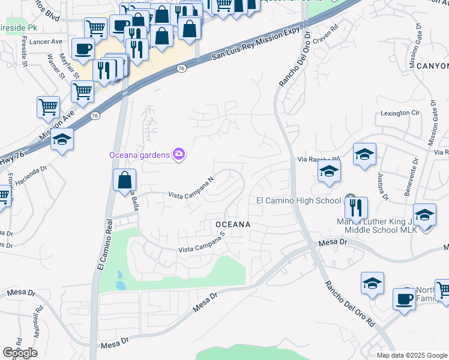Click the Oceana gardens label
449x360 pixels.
point(139,155)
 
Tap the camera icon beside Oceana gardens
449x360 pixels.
point(179,155)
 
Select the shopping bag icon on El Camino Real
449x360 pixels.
point(124,179)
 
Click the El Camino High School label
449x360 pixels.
point(299,200)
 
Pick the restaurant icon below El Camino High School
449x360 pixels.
point(356,208)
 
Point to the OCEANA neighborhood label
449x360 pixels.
point(232,224)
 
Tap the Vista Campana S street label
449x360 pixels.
point(201,245)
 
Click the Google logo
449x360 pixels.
point(20,352)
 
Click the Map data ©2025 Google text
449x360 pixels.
point(412,355)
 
